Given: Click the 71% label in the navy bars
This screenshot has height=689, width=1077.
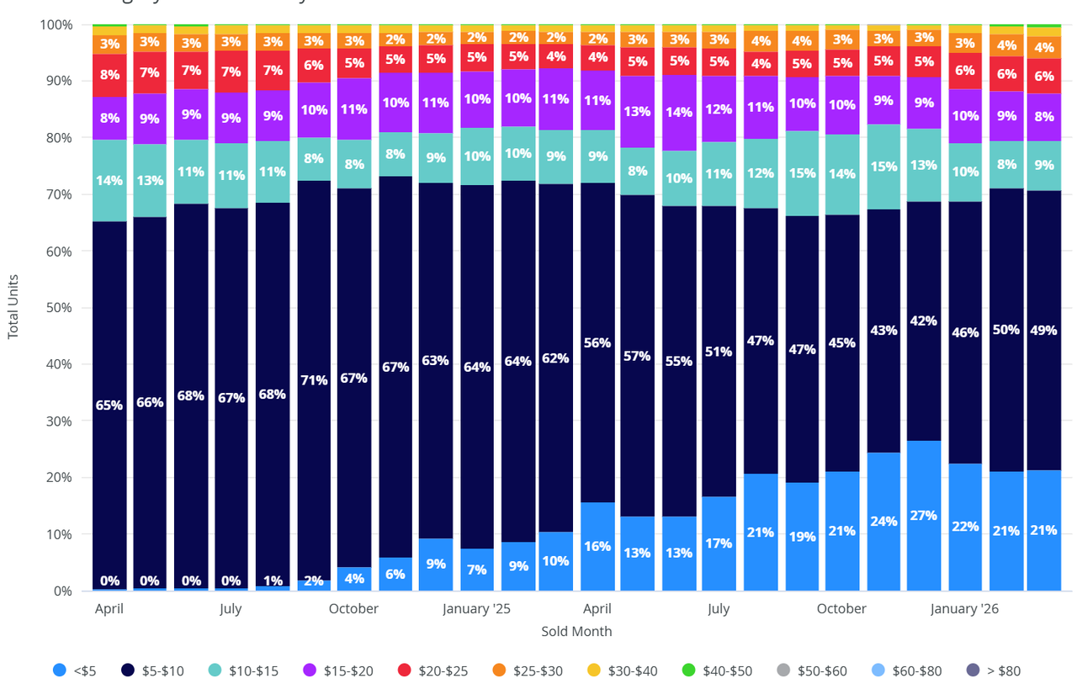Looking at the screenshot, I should click(313, 380).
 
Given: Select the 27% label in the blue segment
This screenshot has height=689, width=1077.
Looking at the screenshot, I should click(923, 516).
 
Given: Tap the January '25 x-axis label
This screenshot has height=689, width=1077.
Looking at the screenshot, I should click(476, 608).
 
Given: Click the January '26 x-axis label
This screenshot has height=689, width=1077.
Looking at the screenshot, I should click(964, 608).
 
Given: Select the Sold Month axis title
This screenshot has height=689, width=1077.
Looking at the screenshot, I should click(576, 631).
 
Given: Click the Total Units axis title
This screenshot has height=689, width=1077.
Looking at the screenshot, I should click(13, 307).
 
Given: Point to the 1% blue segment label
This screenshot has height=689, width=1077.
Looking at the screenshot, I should click(272, 580).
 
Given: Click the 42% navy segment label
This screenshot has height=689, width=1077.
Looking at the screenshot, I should click(923, 321).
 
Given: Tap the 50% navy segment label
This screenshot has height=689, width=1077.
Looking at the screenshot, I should click(1005, 329).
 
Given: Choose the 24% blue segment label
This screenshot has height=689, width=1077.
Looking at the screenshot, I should click(882, 522).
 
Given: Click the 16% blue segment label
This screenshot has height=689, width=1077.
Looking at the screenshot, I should click(597, 546).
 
